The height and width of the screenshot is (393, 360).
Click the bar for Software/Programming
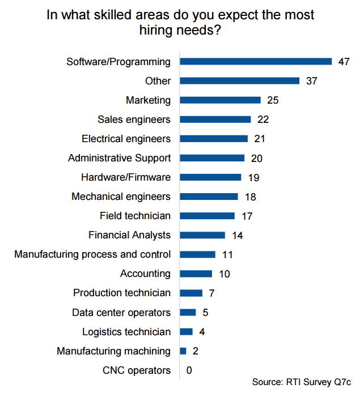pos(256,62)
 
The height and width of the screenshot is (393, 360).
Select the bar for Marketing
pos(220,100)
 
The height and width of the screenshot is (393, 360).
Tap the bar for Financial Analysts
pos(202,235)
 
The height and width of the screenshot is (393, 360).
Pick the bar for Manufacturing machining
pos(183,351)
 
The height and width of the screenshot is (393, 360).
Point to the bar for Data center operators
pos(188,313)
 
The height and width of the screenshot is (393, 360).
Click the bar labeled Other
pos(239,81)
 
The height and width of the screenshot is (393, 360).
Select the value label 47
pos(344,62)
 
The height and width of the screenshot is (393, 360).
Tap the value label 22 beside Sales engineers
pos(262,119)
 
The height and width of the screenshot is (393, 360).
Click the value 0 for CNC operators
pos(189,370)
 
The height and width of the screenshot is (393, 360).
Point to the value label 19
pos(253,178)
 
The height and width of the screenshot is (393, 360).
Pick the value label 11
pos(227,255)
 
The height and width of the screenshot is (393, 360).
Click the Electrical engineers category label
pos(126,139)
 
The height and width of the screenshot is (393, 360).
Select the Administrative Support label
pos(119,158)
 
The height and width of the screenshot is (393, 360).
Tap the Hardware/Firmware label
pos(126,177)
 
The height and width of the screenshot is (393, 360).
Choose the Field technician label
pos(135,216)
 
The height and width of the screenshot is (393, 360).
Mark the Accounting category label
pos(145,274)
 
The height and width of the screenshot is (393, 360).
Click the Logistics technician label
pos(126,332)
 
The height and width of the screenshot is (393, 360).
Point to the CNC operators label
pos(137,370)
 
